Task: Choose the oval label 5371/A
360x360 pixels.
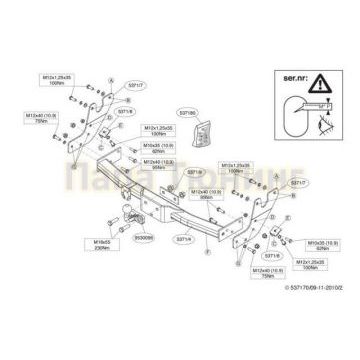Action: (x=183, y=238)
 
